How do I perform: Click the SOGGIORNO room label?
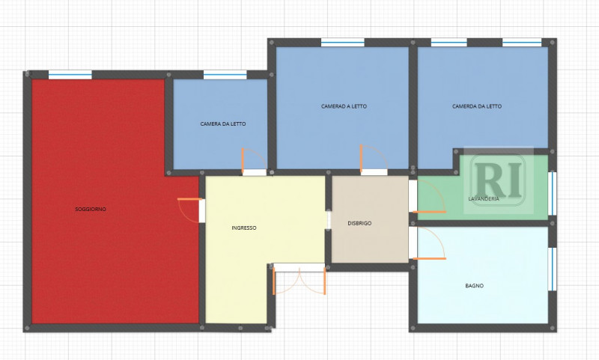coord(91,210)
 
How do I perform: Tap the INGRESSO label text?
coord(244,228)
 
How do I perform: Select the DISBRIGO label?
coord(359,223)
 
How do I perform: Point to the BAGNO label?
coord(475,286)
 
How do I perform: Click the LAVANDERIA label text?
coord(484,198)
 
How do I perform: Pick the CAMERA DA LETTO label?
coord(223,124)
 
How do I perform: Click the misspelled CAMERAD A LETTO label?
coord(344,106)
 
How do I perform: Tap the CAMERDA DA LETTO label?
coord(477,106)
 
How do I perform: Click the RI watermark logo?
coord(499,180)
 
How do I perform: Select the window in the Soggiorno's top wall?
coord(70,74)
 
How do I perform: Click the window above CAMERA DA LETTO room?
coord(225,74)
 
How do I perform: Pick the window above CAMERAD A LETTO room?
coord(343,43)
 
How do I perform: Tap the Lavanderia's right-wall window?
coord(552,194)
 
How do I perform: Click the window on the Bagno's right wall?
coord(552,269)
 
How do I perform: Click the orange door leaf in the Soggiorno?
coord(190,199)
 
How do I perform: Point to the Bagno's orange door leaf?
coord(429,259)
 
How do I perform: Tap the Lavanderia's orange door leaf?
coord(429,212)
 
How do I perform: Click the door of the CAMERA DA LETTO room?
coord(254,162)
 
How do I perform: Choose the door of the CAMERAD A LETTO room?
coord(374,160)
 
